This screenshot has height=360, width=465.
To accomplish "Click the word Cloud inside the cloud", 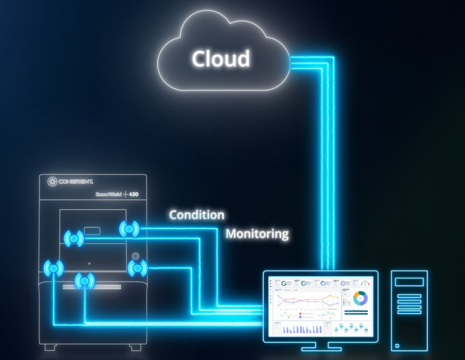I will click(221, 59).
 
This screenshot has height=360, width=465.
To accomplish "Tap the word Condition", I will click(196, 215).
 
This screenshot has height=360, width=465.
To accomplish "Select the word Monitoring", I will click(257, 234).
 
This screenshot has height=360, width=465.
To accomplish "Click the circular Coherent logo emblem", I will click(51, 182).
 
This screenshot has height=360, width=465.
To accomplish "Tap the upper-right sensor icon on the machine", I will click(129, 229).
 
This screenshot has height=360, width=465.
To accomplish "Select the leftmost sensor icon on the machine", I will click(54, 267).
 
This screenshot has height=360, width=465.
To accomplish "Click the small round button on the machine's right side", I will click(136, 255).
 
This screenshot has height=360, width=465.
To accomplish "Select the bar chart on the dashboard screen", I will click(302, 329).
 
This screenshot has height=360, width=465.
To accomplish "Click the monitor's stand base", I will click(318, 348).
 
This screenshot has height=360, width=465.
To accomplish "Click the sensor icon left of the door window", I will click(74, 237).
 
